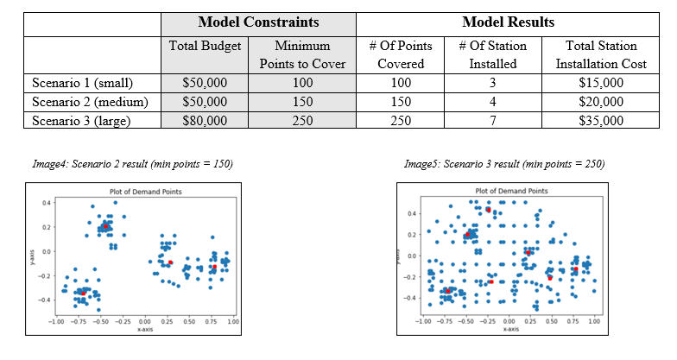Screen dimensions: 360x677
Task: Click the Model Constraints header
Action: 258,21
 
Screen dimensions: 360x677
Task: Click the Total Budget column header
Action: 205,45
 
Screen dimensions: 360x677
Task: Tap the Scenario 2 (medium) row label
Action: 90,102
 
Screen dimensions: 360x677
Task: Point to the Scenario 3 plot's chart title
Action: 511,191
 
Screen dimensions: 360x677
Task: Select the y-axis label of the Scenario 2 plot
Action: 31,256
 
